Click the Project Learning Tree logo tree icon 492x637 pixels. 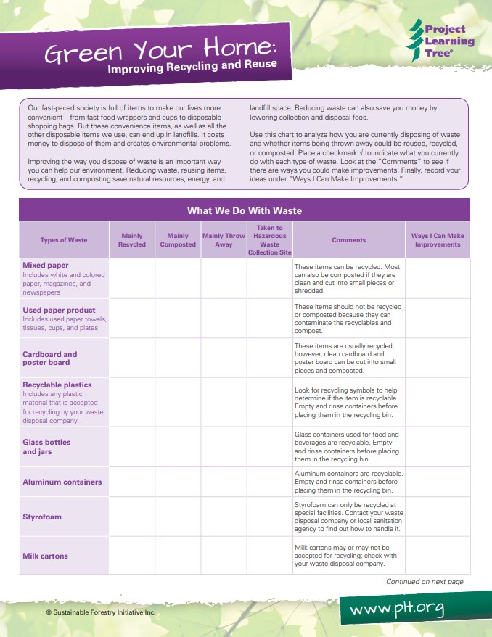pos(415,40)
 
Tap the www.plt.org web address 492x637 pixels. pos(396,608)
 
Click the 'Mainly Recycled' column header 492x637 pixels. pos(131,240)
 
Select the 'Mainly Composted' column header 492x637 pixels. pos(178,240)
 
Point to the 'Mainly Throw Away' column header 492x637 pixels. pos(224,240)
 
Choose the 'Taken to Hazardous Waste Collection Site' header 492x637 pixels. pos(269,240)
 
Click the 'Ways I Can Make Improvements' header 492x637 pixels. pos(438,240)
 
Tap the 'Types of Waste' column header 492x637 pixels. pos(64,240)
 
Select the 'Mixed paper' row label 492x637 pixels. pos(46,266)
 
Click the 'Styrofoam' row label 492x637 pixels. pos(42,517)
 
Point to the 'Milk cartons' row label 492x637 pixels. pos(45,556)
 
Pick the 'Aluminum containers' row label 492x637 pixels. pos(62,482)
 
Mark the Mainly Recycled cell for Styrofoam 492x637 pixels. pos(131,517)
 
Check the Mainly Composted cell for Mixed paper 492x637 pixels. pos(178,278)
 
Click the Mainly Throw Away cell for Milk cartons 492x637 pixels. pos(224,556)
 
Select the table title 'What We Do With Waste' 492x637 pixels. pos(245,211)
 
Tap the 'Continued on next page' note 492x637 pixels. pos(425,582)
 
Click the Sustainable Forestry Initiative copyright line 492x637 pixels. pos(101,612)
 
